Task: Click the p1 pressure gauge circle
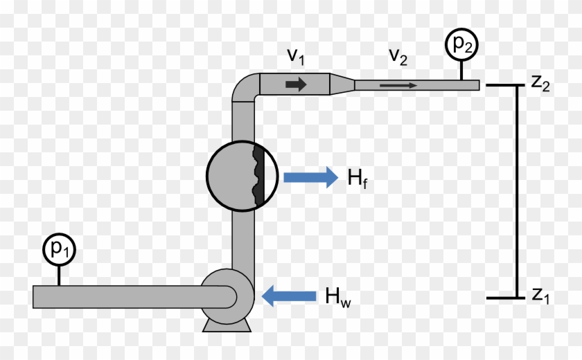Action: tap(60, 249)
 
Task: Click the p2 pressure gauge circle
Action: tap(461, 44)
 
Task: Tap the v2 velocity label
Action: tap(398, 57)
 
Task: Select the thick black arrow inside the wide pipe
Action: tap(296, 84)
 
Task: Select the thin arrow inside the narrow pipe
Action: tap(398, 86)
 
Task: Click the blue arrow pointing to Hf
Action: tap(310, 177)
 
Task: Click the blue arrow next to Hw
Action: tap(289, 296)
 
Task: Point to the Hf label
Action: tap(358, 179)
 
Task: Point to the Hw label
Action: tap(338, 297)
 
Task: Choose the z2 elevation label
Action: tap(540, 82)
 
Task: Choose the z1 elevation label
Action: tap(540, 296)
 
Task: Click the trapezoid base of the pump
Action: tap(227, 326)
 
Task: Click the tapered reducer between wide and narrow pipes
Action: tap(342, 84)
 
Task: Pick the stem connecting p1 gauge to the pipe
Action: tap(59, 276)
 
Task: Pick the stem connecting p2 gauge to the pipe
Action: tap(461, 71)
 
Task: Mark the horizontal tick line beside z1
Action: tap(505, 298)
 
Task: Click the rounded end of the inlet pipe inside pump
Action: tap(231, 297)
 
